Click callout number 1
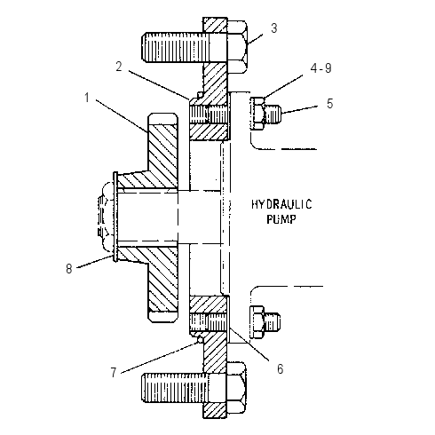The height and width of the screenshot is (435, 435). pos(87,98)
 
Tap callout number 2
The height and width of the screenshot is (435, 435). pos(119,67)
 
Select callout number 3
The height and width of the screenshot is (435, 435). pos(274,28)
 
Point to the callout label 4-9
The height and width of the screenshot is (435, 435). pos(321,68)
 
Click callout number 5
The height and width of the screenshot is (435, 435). pos(330,104)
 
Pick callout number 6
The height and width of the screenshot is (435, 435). pos(280,369)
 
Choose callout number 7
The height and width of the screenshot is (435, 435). pos(114,373)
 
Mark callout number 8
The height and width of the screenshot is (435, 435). pos(69,269)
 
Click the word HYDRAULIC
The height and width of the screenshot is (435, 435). pos(281,204)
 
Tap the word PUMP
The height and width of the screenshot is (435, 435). pos(281,219)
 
